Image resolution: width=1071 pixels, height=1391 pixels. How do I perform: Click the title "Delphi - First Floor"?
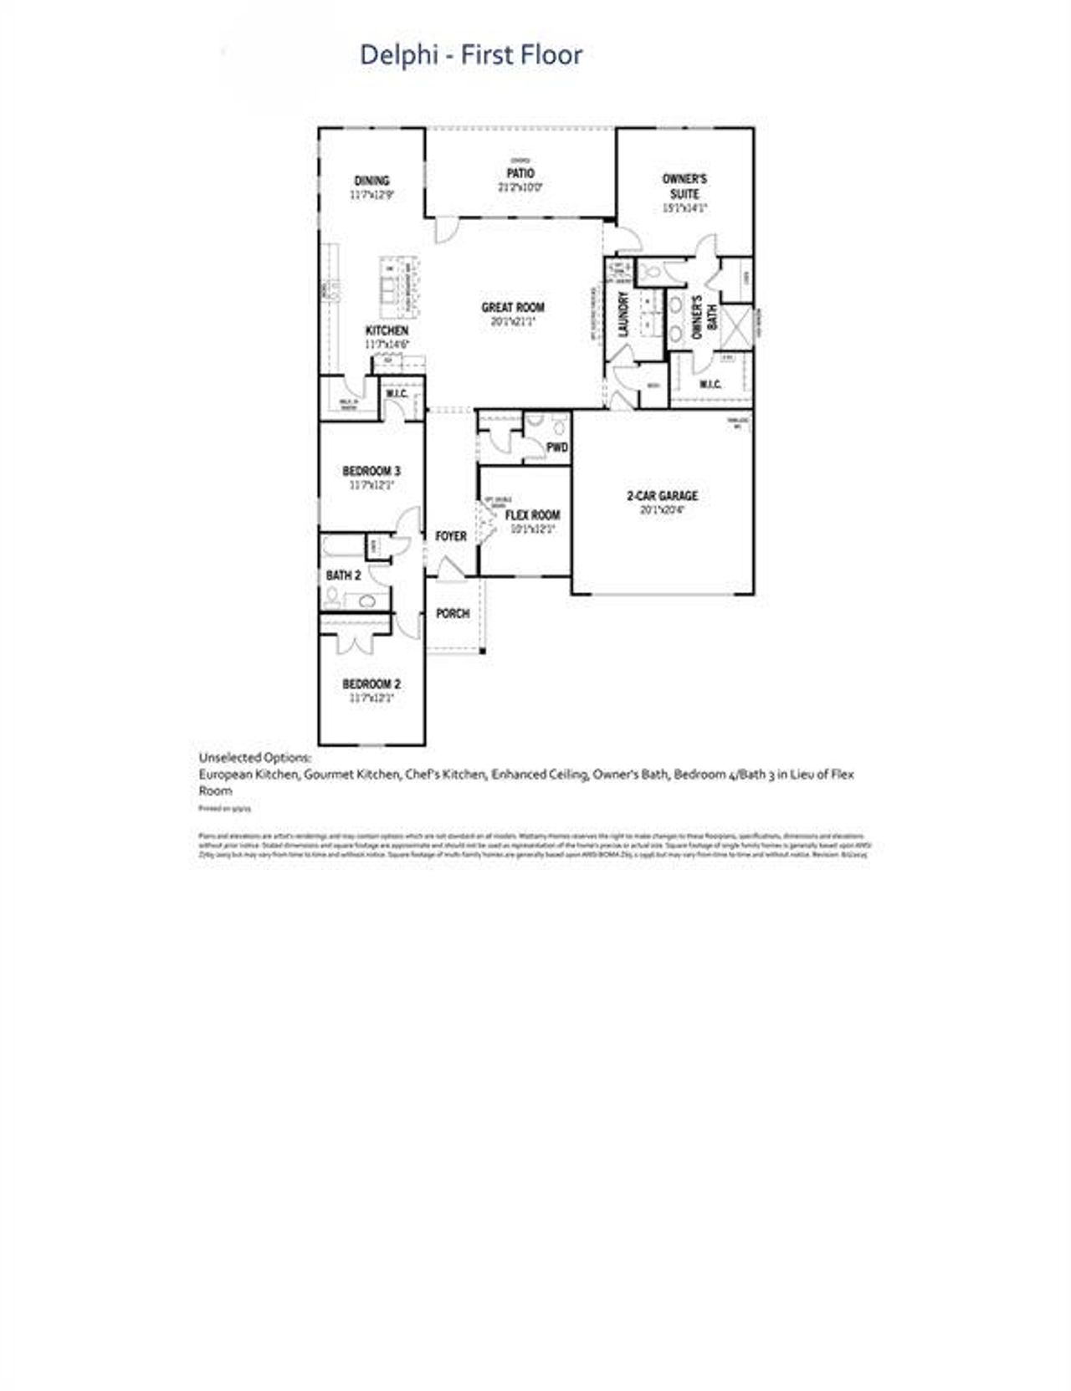coord(470,55)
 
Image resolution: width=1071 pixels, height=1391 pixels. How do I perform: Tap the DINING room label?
coord(372,181)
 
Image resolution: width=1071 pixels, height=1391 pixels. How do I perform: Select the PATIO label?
coord(520,173)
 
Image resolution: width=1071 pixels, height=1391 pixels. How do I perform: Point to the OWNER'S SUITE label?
coord(684,186)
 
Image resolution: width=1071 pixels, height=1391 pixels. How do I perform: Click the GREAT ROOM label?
coord(513,308)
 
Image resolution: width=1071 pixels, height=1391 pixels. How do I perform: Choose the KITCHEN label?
coord(387,331)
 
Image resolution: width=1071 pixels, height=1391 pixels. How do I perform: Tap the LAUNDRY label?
coord(623,315)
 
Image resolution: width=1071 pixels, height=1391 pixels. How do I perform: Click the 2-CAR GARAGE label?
coord(662,496)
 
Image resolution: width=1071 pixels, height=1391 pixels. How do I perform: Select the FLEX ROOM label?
coord(532,515)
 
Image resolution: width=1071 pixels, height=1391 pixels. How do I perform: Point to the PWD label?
coord(556,447)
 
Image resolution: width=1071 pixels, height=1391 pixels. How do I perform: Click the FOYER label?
coord(451,536)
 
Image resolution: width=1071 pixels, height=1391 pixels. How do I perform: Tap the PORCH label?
coord(453,614)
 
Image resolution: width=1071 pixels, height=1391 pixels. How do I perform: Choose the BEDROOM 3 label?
coord(372,471)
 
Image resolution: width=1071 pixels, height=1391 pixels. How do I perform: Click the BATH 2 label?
coord(343,575)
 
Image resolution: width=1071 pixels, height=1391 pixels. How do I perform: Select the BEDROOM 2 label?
coord(372,684)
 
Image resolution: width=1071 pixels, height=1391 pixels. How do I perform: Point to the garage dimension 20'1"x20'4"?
coord(662,509)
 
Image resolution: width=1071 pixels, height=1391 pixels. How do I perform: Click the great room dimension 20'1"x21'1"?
coord(513,321)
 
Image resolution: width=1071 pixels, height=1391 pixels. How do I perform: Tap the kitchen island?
coord(399,285)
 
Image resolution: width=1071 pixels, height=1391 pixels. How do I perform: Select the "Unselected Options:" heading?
coord(254,758)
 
